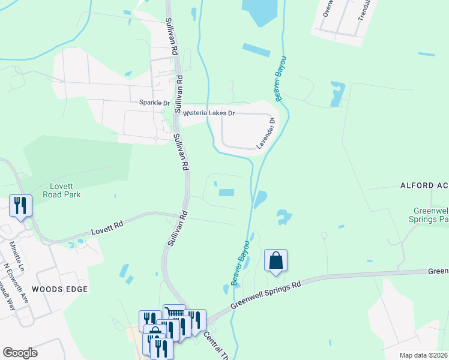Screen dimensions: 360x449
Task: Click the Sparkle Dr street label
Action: click(154, 103)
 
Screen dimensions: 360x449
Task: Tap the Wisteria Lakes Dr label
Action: click(208, 113)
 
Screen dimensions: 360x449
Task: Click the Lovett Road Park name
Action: click(62, 190)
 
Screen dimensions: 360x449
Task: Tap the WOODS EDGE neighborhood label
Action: click(59, 289)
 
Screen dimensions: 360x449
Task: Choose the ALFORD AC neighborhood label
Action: click(424, 186)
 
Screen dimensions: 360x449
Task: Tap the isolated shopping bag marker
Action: click(276, 261)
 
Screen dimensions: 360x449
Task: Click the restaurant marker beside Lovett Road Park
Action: click(21, 206)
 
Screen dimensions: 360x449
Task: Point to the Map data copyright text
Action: click(423, 355)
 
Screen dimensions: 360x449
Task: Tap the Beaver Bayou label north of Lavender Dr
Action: click(280, 78)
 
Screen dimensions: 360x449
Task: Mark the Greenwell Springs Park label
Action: click(431, 215)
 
